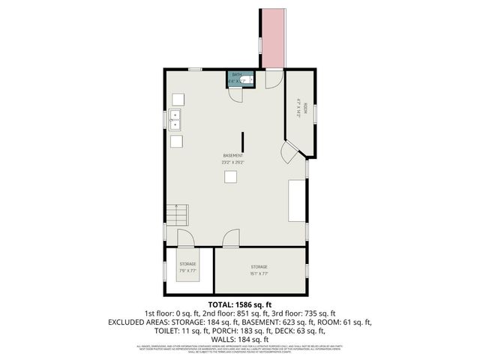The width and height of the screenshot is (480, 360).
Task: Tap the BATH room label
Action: (236, 75)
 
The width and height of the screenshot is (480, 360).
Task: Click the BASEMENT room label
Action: (232, 155)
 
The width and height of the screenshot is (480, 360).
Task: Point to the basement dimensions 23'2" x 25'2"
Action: (232, 162)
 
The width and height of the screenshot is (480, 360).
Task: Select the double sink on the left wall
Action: (175, 118)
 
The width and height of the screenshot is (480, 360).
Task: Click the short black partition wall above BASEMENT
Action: (241, 142)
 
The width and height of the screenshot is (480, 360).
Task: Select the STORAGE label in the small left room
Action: (187, 265)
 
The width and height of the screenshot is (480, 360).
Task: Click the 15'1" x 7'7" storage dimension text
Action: (259, 274)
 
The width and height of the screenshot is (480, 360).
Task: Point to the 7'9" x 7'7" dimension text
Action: (187, 271)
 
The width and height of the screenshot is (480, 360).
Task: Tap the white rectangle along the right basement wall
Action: (298, 200)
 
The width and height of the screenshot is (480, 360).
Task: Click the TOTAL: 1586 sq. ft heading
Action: (240, 304)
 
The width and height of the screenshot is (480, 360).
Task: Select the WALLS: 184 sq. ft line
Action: (240, 338)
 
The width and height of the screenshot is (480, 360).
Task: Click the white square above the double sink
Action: (178, 99)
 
